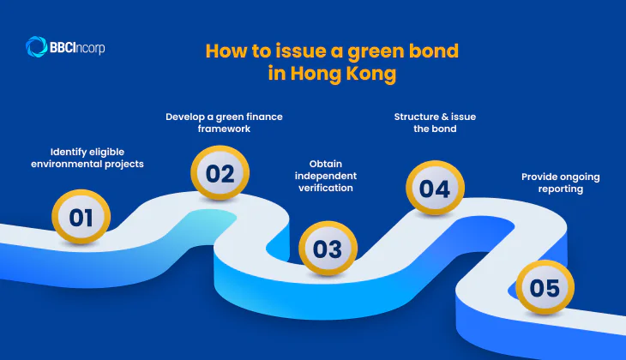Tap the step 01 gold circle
coord(81,217)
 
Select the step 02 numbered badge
coord(220,173)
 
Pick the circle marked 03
coord(327,249)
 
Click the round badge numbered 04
coord(435,189)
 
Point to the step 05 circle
coord(544,288)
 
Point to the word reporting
coord(560,189)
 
